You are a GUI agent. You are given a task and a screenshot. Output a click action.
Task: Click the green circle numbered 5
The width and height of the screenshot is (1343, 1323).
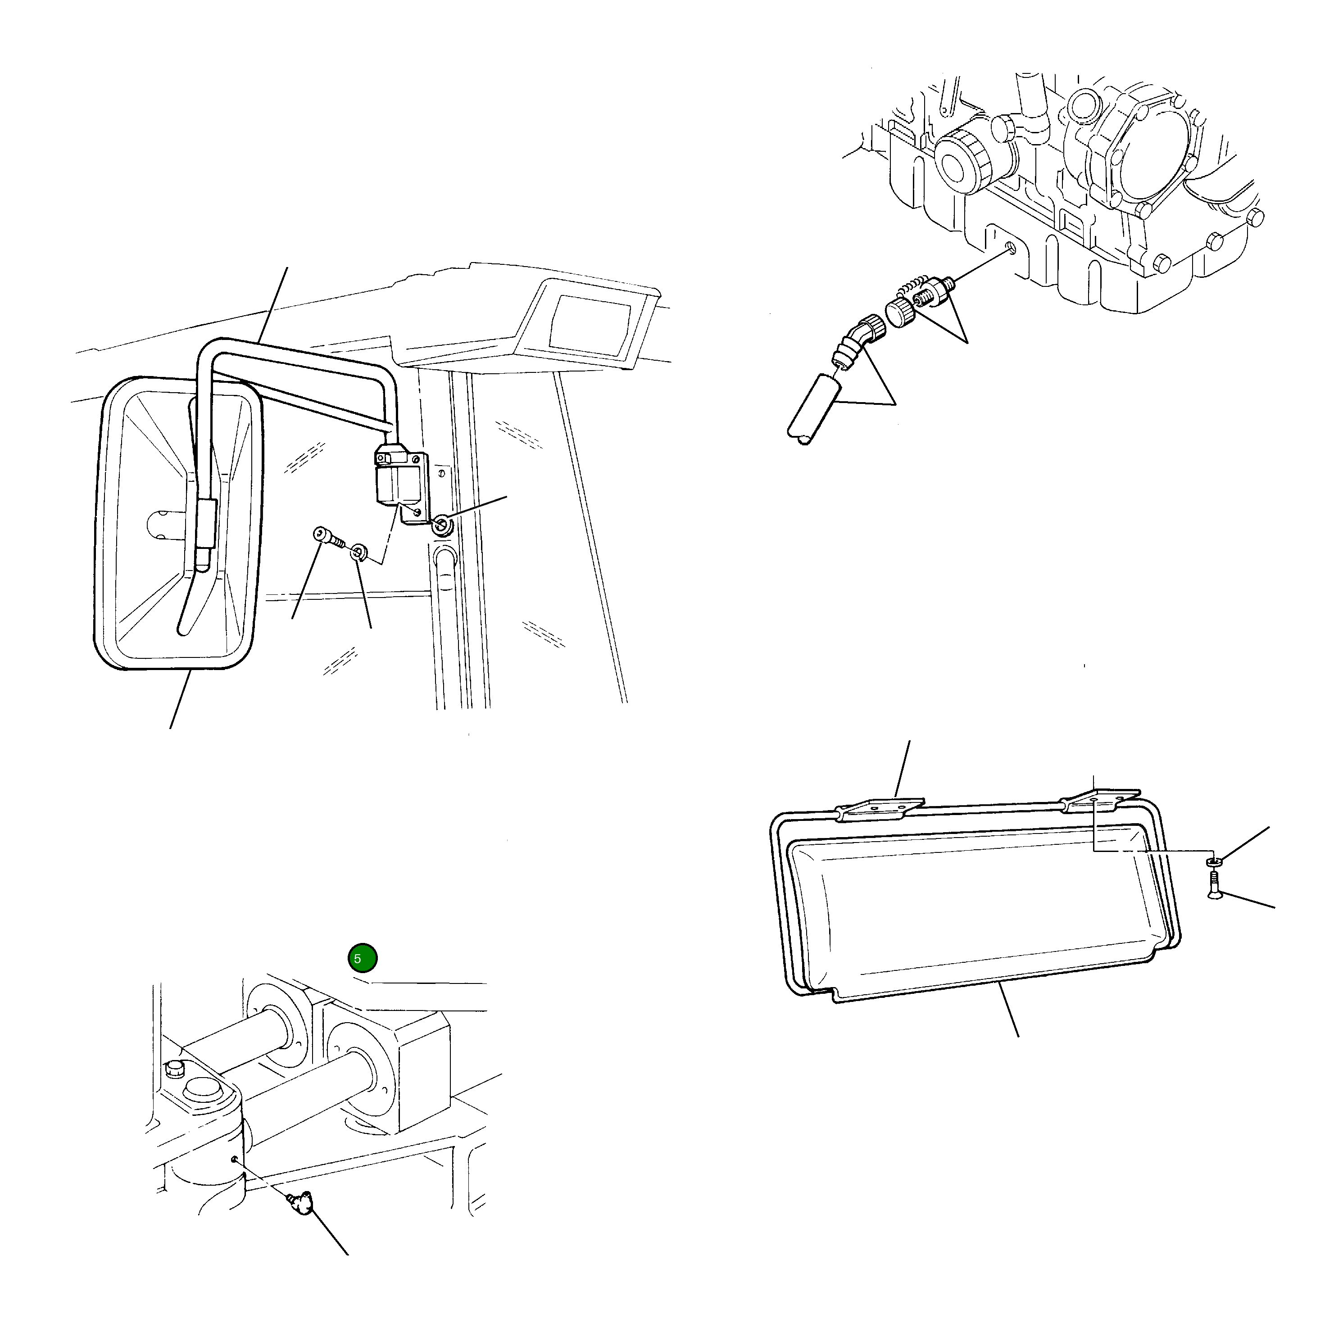(362, 958)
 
